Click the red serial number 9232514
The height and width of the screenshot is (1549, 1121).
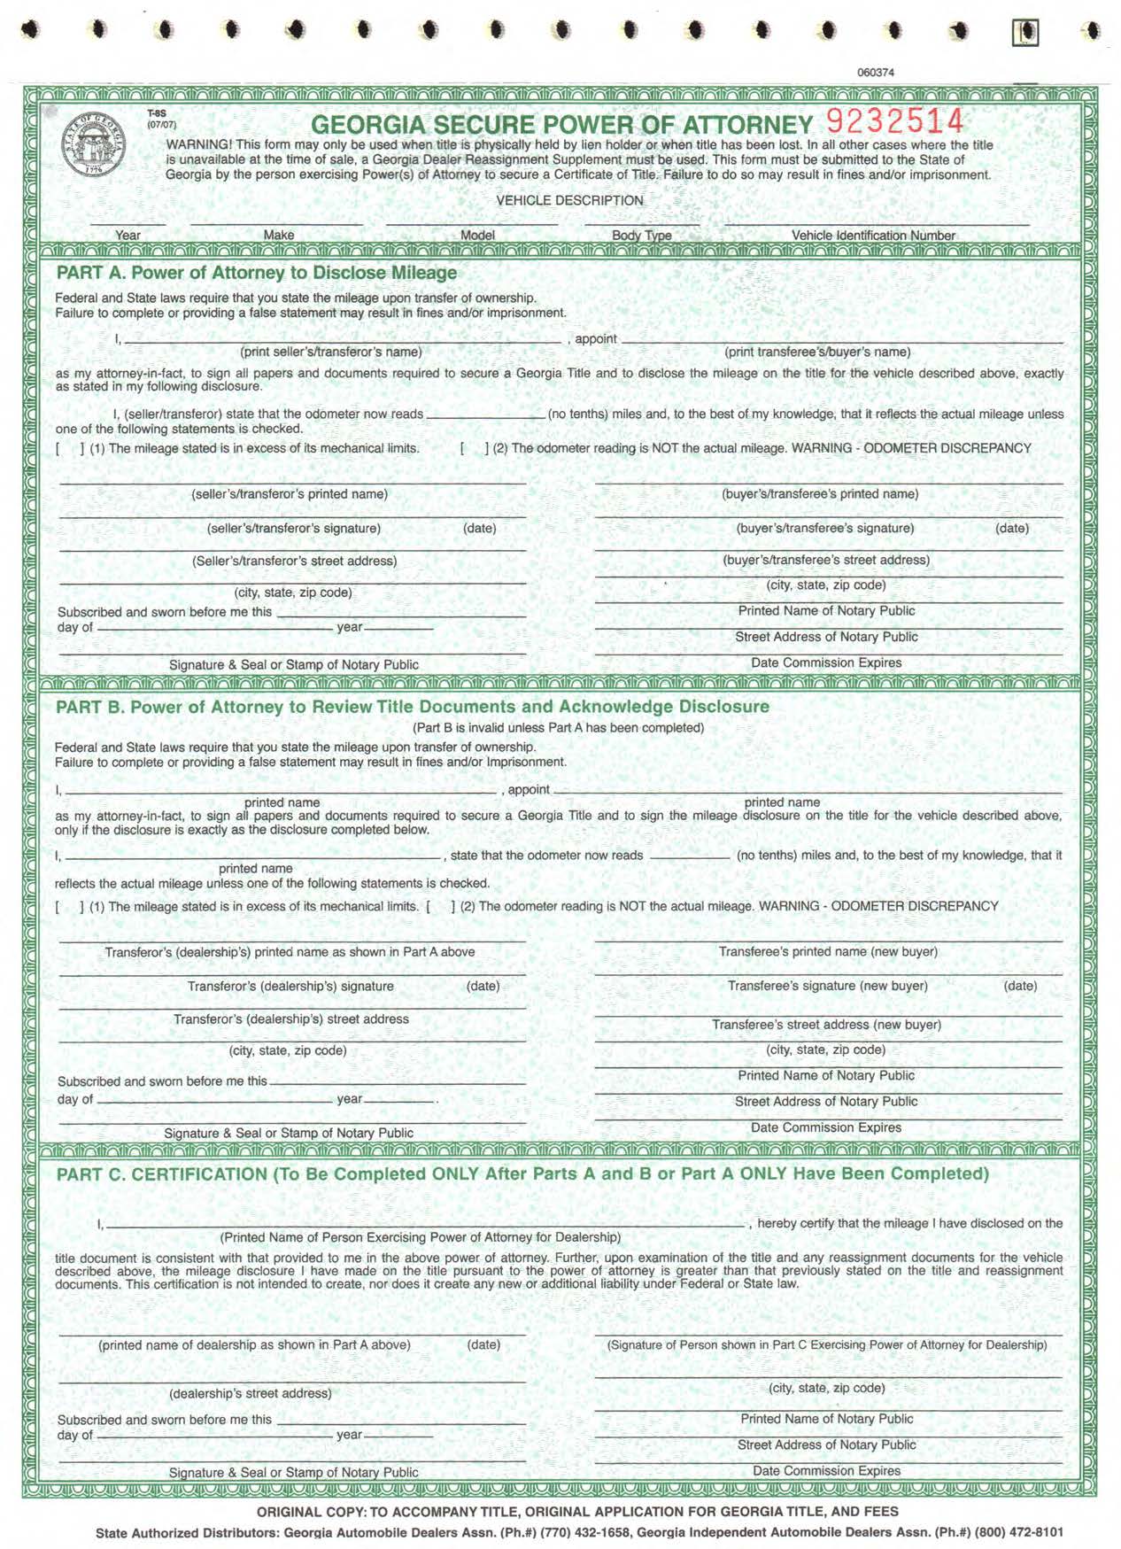894,120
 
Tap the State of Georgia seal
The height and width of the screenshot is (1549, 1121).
94,143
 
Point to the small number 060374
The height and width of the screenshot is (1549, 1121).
875,73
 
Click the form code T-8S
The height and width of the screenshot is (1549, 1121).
157,114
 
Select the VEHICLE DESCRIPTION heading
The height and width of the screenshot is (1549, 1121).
569,200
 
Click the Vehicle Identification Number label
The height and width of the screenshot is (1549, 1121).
873,236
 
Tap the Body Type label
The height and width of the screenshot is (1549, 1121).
641,236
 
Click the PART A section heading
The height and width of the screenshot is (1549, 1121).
257,273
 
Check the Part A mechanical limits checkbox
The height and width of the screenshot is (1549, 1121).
70,448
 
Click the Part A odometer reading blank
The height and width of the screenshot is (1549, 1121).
485,414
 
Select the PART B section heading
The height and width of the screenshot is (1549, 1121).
412,707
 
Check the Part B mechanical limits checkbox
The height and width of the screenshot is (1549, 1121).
70,907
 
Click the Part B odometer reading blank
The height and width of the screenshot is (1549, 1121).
690,856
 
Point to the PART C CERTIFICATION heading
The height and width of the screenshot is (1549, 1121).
522,1174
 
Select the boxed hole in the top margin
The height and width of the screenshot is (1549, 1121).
1025,33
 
